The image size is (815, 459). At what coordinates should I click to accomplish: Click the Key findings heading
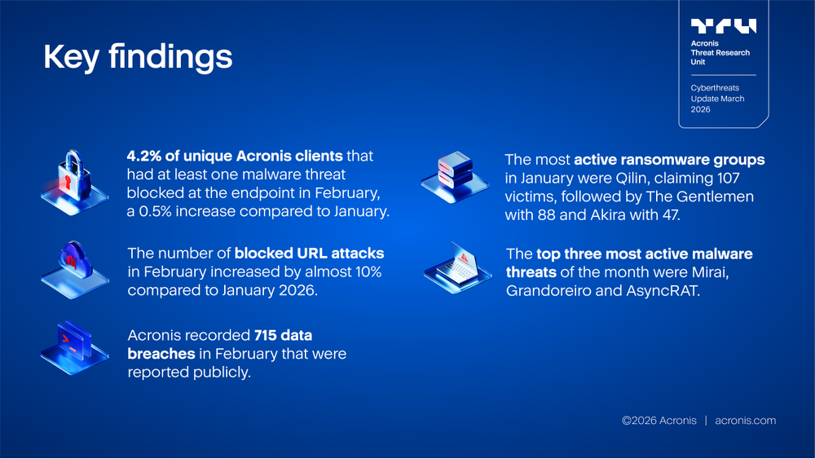(137, 57)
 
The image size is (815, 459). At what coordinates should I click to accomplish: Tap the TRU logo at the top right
(723, 26)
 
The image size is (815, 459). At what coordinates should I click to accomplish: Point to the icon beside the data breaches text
(73, 346)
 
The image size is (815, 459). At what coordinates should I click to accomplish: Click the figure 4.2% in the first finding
(143, 156)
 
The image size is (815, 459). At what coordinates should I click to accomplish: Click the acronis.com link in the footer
(745, 421)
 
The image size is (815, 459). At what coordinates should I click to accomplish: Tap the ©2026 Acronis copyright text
(659, 421)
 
